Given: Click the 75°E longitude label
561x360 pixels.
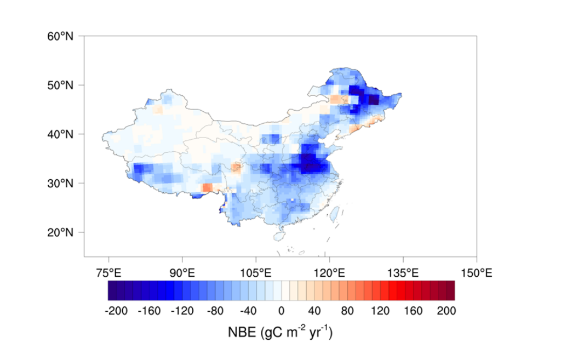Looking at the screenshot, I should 108,272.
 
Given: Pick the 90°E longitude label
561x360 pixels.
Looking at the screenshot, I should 182,272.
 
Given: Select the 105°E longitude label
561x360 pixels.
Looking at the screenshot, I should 256,272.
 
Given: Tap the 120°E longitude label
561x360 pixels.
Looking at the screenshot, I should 329,272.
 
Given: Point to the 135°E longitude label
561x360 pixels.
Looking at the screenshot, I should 403,272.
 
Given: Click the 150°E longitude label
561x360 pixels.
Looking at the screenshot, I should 476,272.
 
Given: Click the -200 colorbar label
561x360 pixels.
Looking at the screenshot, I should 115,311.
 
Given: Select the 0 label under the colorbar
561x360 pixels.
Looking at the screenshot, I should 282,311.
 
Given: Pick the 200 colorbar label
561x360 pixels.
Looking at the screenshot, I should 446,311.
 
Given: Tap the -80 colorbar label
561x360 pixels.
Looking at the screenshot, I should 215,311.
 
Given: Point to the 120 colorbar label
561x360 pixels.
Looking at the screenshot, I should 380,311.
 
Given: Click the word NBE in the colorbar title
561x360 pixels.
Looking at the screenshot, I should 241,331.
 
